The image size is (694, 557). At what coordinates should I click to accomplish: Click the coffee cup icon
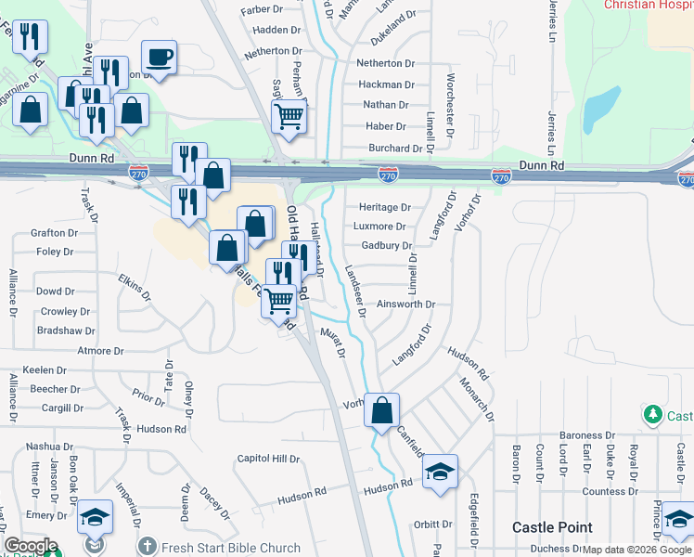160,58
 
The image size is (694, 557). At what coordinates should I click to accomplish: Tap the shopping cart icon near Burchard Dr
289,117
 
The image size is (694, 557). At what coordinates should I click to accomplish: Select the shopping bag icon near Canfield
381,409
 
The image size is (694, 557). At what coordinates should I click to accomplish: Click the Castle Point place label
553,527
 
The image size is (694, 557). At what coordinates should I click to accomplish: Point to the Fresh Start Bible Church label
230,548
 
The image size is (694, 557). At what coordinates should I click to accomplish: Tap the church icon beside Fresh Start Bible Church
147,547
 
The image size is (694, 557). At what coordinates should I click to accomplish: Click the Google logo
31,546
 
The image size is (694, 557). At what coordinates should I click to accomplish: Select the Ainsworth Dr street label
406,304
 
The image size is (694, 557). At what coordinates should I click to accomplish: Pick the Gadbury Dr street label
387,246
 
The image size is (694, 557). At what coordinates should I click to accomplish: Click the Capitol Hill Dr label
269,459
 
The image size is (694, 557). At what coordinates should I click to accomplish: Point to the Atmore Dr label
101,351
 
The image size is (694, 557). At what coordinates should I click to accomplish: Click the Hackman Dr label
386,84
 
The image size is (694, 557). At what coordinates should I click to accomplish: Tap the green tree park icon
654,413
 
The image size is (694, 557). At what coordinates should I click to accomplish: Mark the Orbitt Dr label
433,524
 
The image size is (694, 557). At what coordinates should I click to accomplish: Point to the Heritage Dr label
384,207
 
